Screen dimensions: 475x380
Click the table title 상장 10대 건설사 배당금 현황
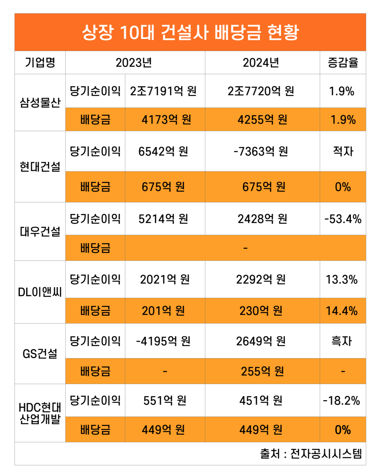[x=190, y=32]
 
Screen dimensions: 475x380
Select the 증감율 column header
[x=343, y=63]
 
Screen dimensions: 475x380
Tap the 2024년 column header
[x=261, y=63]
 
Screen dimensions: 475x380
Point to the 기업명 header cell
[x=40, y=63]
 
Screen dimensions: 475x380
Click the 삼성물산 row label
[x=40, y=102]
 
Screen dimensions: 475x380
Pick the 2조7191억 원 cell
[x=164, y=91]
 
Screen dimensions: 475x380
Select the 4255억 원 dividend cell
[x=262, y=120]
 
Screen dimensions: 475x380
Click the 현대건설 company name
[x=40, y=167]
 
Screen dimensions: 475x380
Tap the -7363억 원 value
[x=261, y=151]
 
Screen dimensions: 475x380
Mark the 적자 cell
[x=343, y=151]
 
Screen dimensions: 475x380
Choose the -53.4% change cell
[x=343, y=219]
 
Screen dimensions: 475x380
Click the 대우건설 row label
[x=40, y=232]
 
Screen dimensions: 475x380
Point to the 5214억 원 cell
[x=164, y=219]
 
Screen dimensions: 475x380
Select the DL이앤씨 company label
[x=40, y=292]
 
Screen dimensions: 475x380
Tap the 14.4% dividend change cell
[x=342, y=311]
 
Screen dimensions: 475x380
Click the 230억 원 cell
[x=261, y=311]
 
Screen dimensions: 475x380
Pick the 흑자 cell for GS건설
[x=342, y=341]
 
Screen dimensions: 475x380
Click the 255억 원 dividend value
[x=262, y=371]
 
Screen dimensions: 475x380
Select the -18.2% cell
[x=342, y=401]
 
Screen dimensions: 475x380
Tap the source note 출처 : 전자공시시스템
[x=311, y=454]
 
